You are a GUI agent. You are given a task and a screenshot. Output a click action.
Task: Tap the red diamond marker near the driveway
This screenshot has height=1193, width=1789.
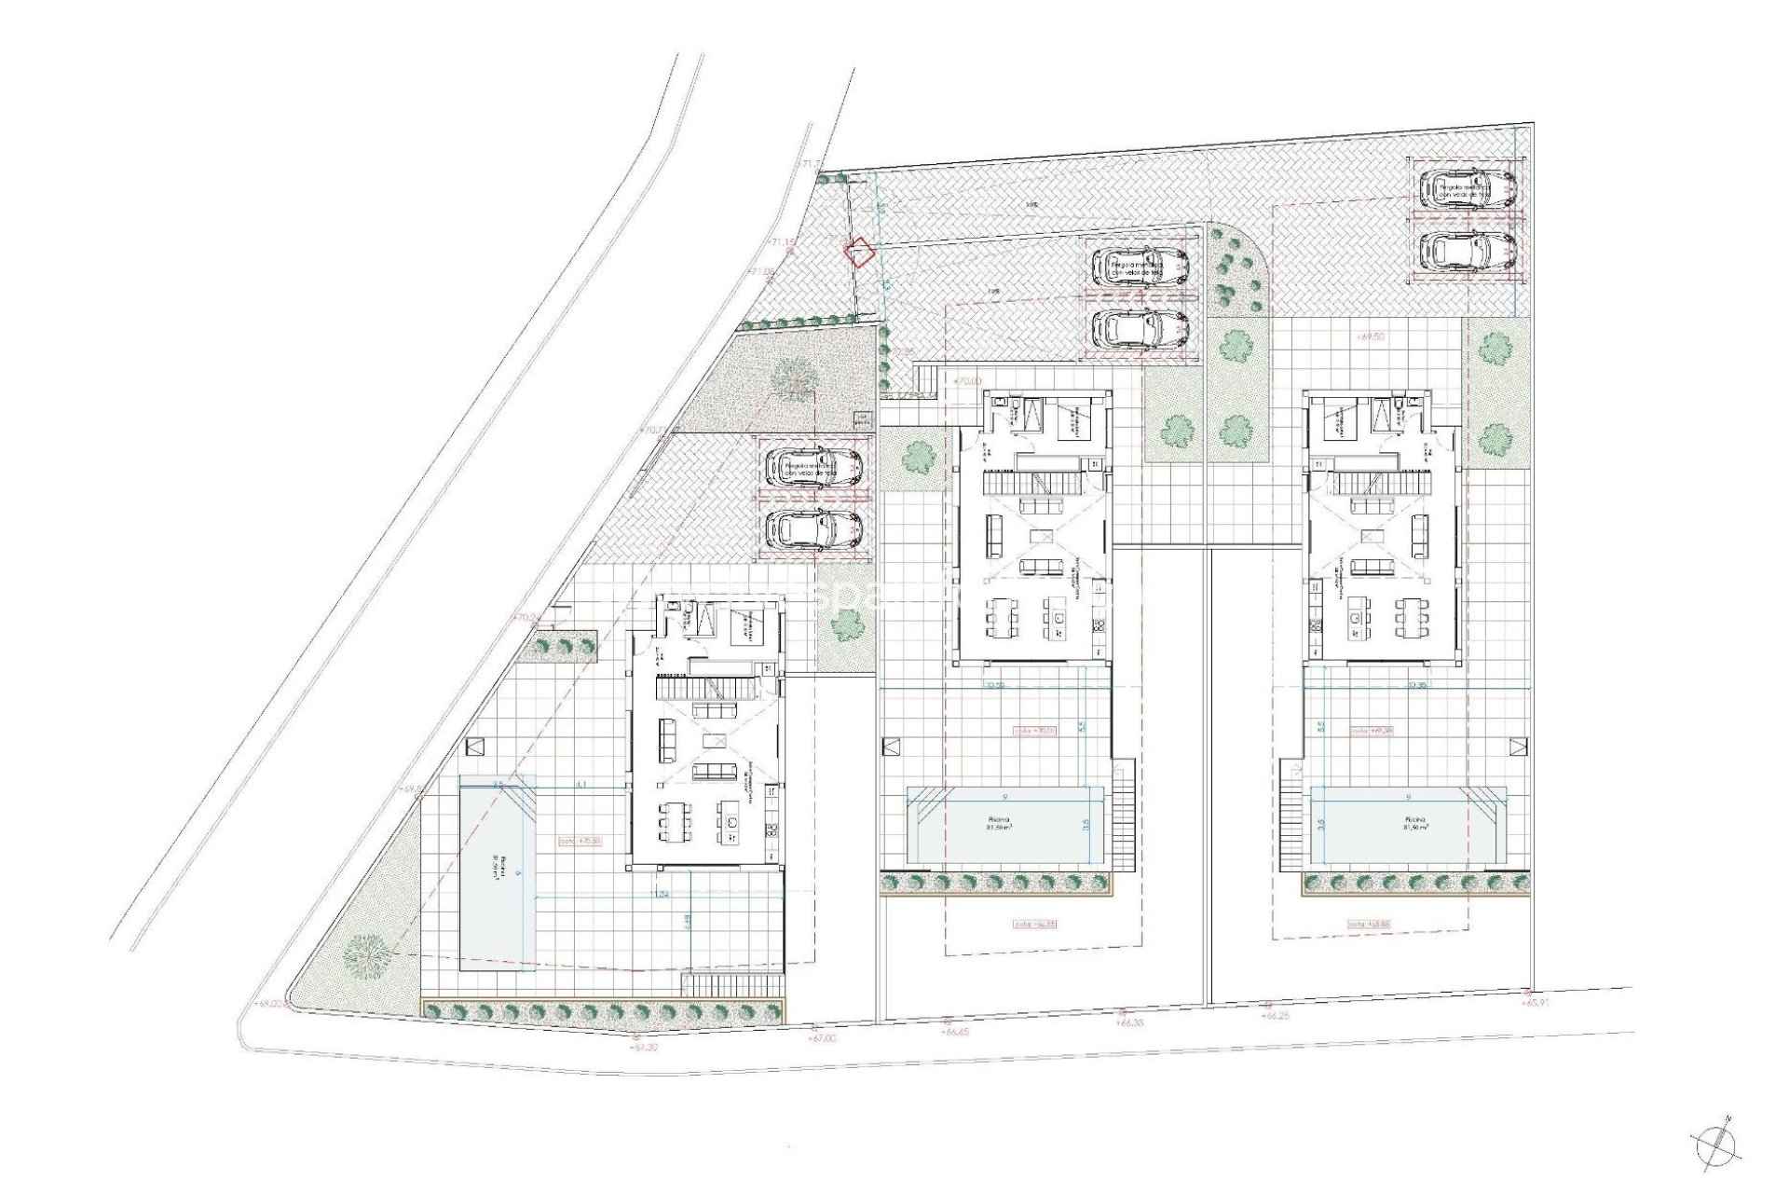pos(857,253)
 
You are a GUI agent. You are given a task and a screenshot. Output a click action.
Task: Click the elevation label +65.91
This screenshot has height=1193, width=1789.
pos(1539,1003)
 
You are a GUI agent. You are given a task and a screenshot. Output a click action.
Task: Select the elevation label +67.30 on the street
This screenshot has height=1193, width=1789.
pos(644,1047)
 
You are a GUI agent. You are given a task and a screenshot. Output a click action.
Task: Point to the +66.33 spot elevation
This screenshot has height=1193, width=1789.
pos(1130,1022)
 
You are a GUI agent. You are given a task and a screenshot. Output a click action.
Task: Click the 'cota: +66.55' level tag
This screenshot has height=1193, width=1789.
pos(1034,924)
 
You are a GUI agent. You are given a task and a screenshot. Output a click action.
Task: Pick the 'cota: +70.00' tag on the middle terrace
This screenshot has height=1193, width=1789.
pos(1035,731)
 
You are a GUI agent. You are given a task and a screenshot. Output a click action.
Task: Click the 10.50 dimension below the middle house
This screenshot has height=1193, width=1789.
pos(995,686)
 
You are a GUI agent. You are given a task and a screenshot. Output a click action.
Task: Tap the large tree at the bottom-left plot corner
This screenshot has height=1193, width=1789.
pos(365,955)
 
